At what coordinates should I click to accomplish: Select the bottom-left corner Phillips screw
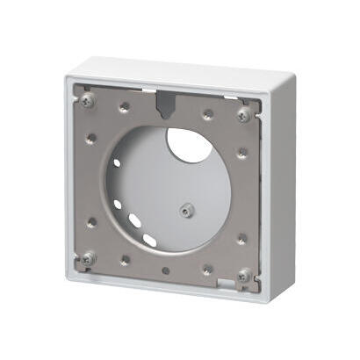pyautogui.click(x=89, y=257)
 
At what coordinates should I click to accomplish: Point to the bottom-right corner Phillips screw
pyautogui.click(x=242, y=277)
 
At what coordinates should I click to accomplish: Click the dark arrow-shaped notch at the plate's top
pyautogui.click(x=163, y=104)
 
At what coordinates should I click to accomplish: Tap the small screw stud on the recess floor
pyautogui.click(x=185, y=210)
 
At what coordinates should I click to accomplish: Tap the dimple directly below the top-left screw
pyautogui.click(x=90, y=137)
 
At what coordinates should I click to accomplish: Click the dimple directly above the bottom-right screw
pyautogui.click(x=241, y=239)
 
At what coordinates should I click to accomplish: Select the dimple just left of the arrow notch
pyautogui.click(x=123, y=107)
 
